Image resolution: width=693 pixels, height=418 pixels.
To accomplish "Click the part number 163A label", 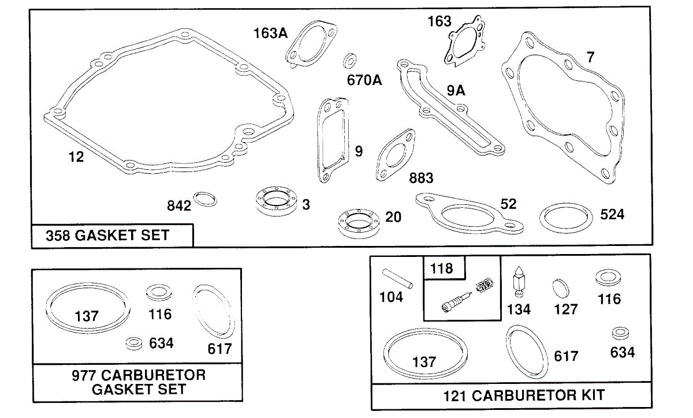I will pos(270,33).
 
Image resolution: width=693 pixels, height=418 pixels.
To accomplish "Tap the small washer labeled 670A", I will pos(350,60).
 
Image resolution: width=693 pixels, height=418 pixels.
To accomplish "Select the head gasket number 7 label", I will pos(590,58).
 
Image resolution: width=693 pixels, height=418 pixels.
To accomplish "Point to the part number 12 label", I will pos(76,157).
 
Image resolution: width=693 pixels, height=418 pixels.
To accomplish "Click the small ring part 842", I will pos(206,199).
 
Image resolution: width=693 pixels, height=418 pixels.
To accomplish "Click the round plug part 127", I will pos(560,288).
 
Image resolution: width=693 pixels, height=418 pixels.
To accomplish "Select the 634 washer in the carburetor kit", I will pos(621,334).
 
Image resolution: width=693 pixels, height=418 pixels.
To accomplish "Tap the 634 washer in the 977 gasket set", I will pos(135,343).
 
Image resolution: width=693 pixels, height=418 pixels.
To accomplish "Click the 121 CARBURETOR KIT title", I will pos(524,395).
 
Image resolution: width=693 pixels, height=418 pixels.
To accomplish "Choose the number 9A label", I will pos(456,91).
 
